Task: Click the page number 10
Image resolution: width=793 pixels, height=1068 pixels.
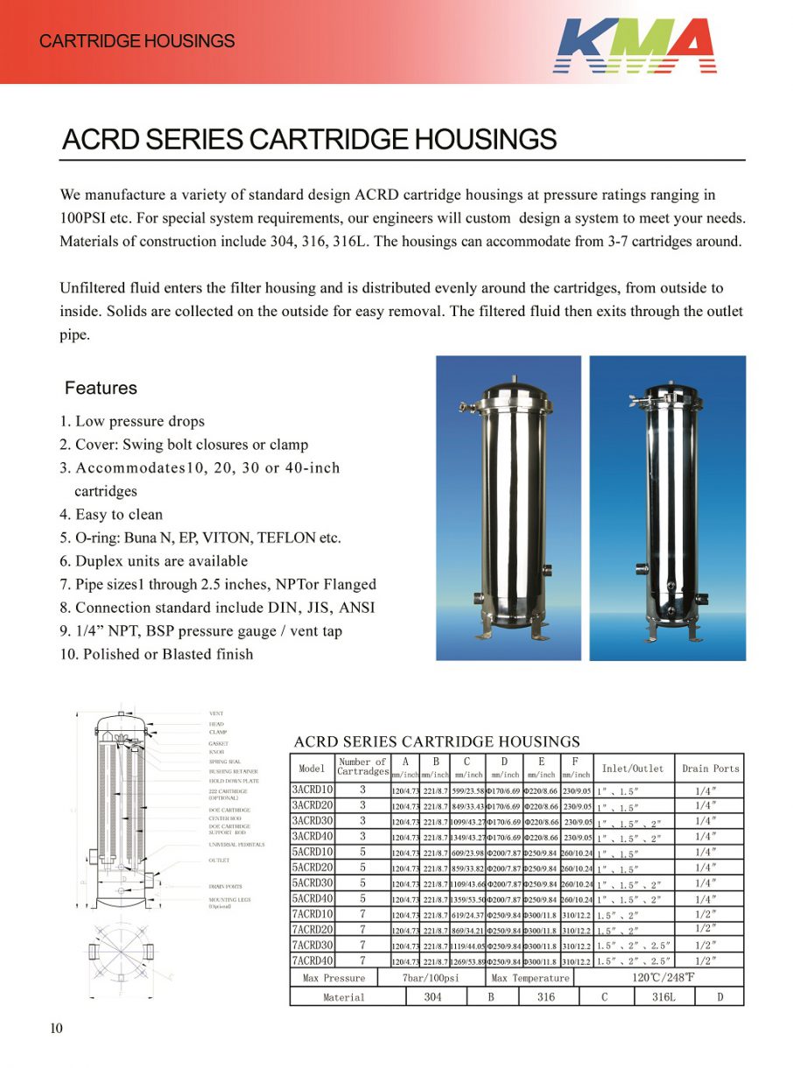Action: (57, 1028)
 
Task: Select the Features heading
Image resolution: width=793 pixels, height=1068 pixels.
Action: (101, 388)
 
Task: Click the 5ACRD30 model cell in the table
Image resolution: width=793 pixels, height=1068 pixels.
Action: (312, 883)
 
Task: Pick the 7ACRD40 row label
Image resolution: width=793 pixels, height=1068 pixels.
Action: (312, 961)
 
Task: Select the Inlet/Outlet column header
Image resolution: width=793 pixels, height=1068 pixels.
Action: (633, 769)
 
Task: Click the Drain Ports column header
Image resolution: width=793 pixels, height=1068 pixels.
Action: (710, 769)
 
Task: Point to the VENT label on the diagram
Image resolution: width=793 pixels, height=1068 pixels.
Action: (216, 713)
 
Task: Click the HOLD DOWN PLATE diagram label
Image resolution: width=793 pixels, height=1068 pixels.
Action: (234, 780)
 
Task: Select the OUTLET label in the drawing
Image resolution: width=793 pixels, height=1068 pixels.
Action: (220, 861)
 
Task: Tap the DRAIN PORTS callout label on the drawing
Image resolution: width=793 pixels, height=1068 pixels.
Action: (225, 887)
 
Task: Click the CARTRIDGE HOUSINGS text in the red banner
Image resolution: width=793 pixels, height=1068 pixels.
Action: (137, 41)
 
